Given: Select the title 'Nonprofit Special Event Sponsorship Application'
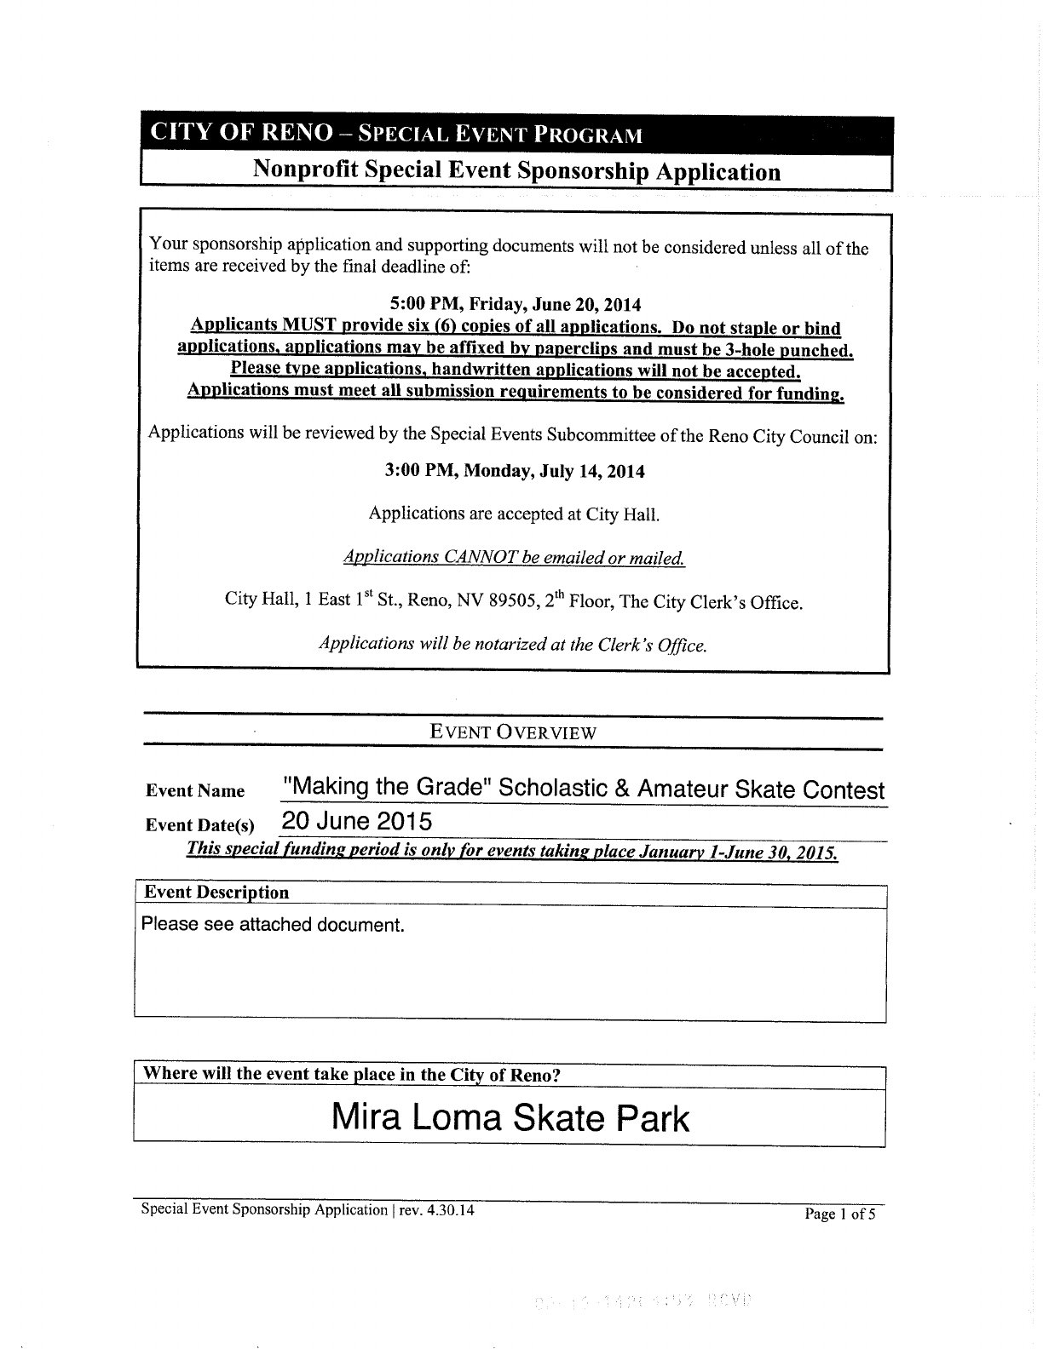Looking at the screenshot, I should [x=516, y=171].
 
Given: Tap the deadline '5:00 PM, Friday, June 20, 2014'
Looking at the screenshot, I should [x=515, y=304].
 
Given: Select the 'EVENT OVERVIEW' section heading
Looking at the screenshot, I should [x=513, y=732].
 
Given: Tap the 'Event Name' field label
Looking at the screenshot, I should [x=195, y=791].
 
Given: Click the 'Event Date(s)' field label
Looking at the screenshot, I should [x=200, y=825].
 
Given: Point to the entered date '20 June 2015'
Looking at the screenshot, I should [x=357, y=822].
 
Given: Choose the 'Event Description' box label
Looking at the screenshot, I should [x=216, y=893].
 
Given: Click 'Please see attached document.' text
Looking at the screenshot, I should [x=273, y=925].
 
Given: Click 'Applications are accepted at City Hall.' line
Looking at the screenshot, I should [x=514, y=514].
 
